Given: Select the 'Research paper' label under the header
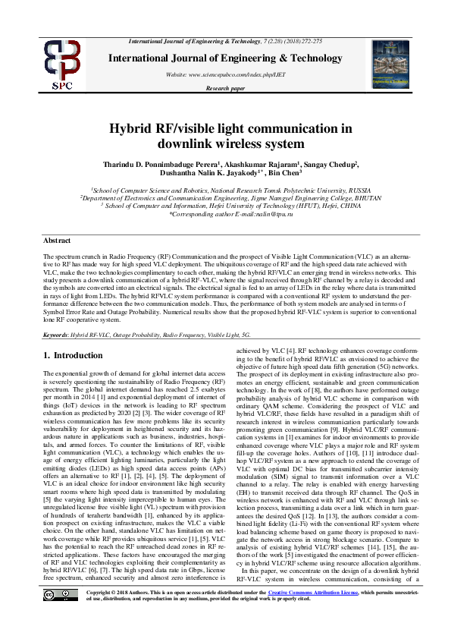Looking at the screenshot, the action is click(x=225, y=89).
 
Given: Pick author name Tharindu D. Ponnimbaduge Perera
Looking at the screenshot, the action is click(x=151, y=163).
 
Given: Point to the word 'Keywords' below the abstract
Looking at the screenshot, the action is click(x=56, y=334).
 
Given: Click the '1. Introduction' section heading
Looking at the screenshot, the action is click(x=73, y=355).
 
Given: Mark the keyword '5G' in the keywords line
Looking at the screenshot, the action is click(x=246, y=334).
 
